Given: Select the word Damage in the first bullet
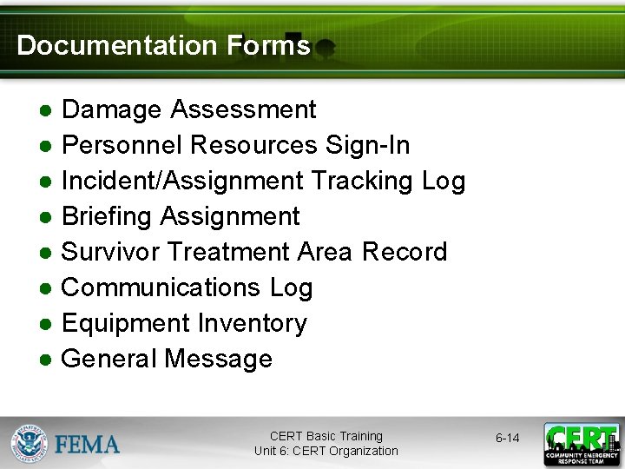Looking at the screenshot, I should pyautogui.click(x=112, y=109).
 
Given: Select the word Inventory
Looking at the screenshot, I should pyautogui.click(x=253, y=323).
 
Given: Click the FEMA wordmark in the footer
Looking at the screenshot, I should pyautogui.click(x=88, y=445).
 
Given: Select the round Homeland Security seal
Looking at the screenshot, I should pyautogui.click(x=30, y=444).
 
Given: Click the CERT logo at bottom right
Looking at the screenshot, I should pyautogui.click(x=582, y=444).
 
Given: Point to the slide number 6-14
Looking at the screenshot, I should pyautogui.click(x=507, y=438).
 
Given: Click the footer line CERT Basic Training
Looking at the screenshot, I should pyautogui.click(x=326, y=436).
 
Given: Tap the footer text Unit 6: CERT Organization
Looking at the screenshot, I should pyautogui.click(x=326, y=451).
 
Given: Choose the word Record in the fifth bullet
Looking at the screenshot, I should pyautogui.click(x=405, y=252).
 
